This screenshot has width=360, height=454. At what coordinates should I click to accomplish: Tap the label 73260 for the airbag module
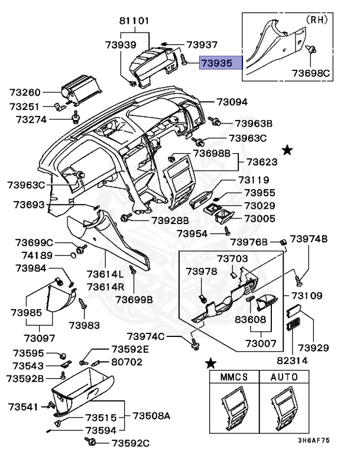[x=25, y=93]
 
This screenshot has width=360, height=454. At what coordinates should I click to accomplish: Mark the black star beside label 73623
[x=287, y=151]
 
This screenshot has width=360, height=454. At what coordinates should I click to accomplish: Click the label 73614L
[x=105, y=274]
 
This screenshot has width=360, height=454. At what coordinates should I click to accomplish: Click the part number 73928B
[x=170, y=219]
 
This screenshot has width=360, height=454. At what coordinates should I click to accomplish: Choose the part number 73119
[x=254, y=180]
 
